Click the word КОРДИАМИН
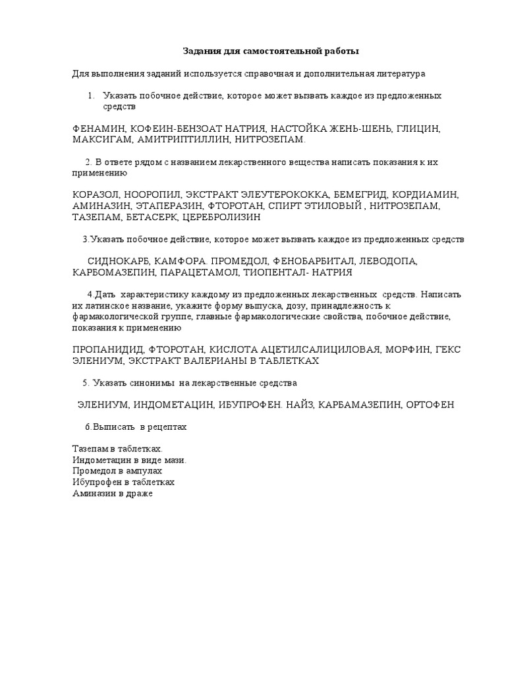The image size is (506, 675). coord(426,195)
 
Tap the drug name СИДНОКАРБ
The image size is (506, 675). coord(117,261)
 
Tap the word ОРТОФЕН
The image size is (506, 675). coord(430,404)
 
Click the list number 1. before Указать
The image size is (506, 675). coord(91,96)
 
